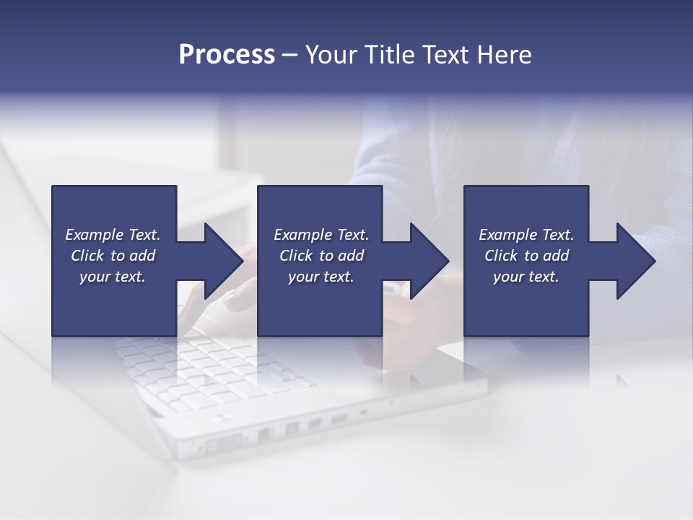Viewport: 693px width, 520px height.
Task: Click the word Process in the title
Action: pyautogui.click(x=227, y=55)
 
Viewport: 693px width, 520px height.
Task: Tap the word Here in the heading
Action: pyautogui.click(x=503, y=55)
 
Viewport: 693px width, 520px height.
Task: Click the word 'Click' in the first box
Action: pyautogui.click(x=87, y=256)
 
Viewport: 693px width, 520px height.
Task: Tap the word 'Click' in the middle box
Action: pyautogui.click(x=296, y=256)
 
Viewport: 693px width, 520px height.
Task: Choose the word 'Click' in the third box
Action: pyautogui.click(x=501, y=256)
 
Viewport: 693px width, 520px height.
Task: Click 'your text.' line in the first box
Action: pyautogui.click(x=113, y=277)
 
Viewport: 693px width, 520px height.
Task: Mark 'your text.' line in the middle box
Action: pyautogui.click(x=321, y=277)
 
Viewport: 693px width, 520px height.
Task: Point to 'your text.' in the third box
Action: pyautogui.click(x=526, y=277)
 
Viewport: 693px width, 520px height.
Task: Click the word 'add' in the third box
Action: pyautogui.click(x=556, y=256)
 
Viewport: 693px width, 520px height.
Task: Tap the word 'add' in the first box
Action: pyautogui.click(x=142, y=256)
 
